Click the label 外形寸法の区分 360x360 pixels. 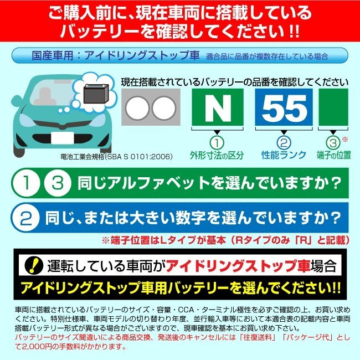(217, 156)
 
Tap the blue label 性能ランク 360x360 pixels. (283, 156)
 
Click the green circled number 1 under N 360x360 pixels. (217, 142)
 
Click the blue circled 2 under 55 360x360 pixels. (283, 142)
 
